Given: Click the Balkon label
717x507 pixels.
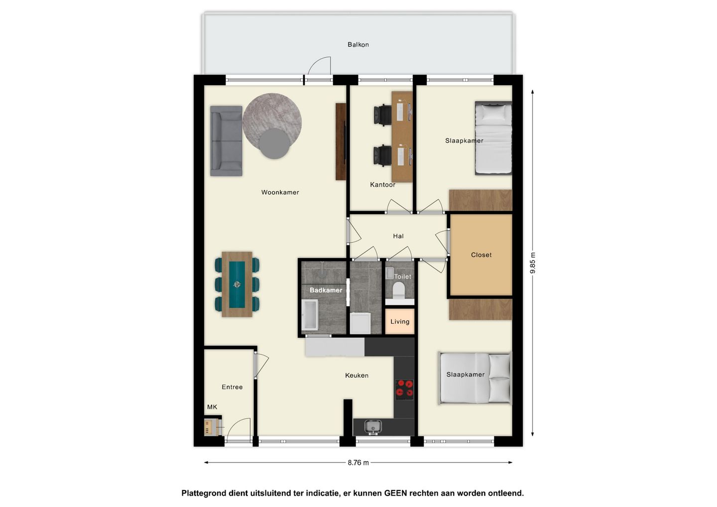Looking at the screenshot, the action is pyautogui.click(x=358, y=44).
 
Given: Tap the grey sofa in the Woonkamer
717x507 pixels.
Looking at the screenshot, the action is pyautogui.click(x=226, y=141).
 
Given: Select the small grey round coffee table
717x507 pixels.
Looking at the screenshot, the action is pyautogui.click(x=274, y=144).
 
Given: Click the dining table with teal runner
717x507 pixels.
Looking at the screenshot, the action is pyautogui.click(x=237, y=284).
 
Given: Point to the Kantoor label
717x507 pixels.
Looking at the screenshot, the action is pyautogui.click(x=382, y=185).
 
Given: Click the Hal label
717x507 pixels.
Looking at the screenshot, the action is pyautogui.click(x=398, y=236).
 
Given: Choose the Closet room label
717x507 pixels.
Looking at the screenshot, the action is pyautogui.click(x=481, y=255).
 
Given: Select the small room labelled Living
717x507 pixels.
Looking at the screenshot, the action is pyautogui.click(x=400, y=321).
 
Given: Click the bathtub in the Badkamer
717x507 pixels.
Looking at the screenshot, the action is pyautogui.click(x=310, y=315).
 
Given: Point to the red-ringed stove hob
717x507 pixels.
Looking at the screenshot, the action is pyautogui.click(x=404, y=389).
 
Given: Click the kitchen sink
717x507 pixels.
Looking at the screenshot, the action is pyautogui.click(x=373, y=427).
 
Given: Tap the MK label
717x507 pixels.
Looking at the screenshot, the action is pyautogui.click(x=212, y=407).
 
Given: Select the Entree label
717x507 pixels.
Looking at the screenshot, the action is pyautogui.click(x=232, y=387).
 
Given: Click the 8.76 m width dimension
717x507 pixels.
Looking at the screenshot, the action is pyautogui.click(x=358, y=463).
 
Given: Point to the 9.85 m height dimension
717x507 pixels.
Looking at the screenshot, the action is pyautogui.click(x=533, y=263).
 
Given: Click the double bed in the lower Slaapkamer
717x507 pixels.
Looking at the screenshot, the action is pyautogui.click(x=475, y=379).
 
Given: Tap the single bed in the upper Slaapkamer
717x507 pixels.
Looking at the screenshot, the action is pyautogui.click(x=493, y=138).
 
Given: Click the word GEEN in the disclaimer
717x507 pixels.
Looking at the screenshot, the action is pyautogui.click(x=395, y=493).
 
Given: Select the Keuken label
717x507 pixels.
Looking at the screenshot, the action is pyautogui.click(x=357, y=376).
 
